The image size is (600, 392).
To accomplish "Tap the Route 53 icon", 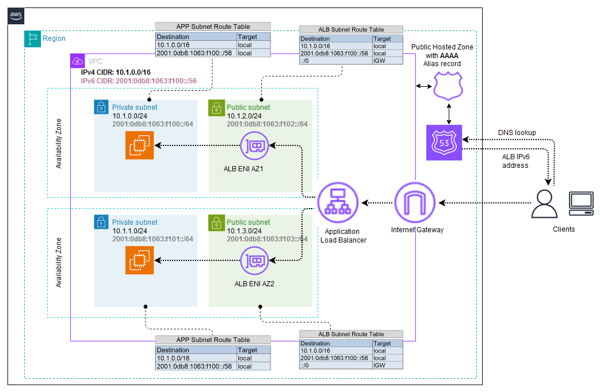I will pyautogui.click(x=444, y=143).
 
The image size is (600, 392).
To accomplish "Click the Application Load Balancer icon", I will pyautogui.click(x=338, y=202).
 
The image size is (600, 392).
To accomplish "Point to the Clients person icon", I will pyautogui.click(x=544, y=203).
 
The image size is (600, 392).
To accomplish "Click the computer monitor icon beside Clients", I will pyautogui.click(x=580, y=203).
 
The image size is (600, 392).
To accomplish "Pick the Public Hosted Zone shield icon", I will pyautogui.click(x=448, y=87).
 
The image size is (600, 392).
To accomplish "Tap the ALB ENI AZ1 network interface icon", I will pyautogui.click(x=253, y=146).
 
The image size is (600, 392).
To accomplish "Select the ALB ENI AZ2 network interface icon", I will pyautogui.click(x=253, y=261).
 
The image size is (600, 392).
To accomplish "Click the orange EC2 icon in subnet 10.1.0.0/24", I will pyautogui.click(x=139, y=146).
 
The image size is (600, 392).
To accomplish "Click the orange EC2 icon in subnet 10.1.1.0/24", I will pyautogui.click(x=139, y=261).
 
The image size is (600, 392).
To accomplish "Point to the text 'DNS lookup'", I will pyautogui.click(x=517, y=133).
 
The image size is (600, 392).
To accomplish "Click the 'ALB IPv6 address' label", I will pyautogui.click(x=517, y=160).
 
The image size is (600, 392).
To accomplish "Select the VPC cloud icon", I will pyautogui.click(x=77, y=61).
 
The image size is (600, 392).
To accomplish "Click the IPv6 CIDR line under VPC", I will pyautogui.click(x=139, y=81).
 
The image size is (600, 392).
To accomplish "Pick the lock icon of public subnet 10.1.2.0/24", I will pyautogui.click(x=216, y=107).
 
